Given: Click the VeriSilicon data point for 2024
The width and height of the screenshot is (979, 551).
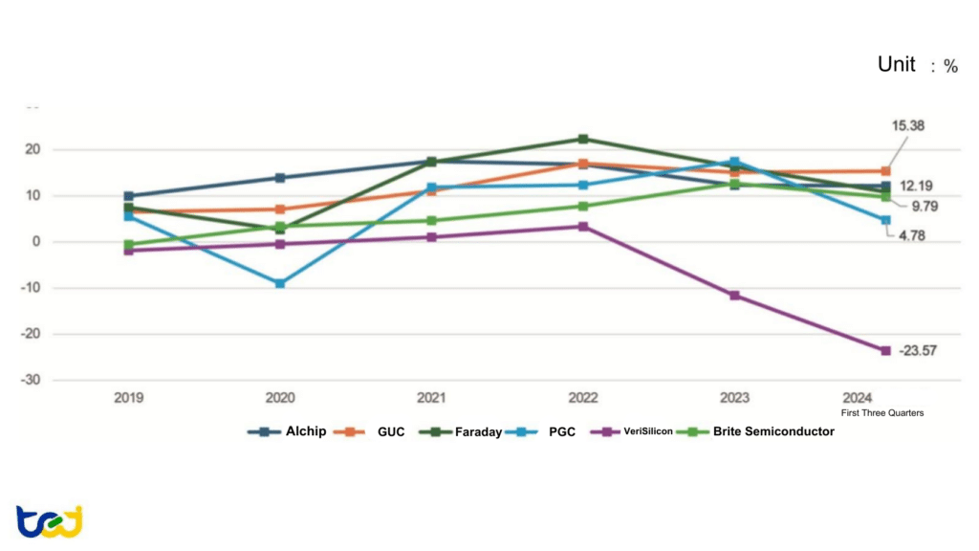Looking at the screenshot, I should pyautogui.click(x=885, y=350).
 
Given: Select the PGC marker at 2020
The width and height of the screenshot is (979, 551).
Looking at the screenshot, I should pyautogui.click(x=280, y=283).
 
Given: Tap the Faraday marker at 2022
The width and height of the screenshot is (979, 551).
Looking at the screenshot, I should pyautogui.click(x=583, y=140).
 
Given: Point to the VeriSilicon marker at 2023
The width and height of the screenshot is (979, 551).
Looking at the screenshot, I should pyautogui.click(x=734, y=296).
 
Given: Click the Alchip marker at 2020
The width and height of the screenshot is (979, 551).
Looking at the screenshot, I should pyautogui.click(x=280, y=178).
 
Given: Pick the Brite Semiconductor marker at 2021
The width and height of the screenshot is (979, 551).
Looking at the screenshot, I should pyautogui.click(x=432, y=221).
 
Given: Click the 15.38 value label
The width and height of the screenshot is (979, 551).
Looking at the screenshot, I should pyautogui.click(x=907, y=126).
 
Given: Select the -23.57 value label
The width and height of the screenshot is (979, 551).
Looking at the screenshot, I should pyautogui.click(x=917, y=351).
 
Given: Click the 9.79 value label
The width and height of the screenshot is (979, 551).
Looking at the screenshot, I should pyautogui.click(x=912, y=206).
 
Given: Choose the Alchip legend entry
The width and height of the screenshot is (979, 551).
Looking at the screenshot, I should pyautogui.click(x=287, y=431).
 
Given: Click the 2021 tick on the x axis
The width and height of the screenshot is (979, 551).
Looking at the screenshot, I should pyautogui.click(x=432, y=397).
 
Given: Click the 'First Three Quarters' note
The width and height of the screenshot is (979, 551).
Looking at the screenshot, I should pyautogui.click(x=882, y=412).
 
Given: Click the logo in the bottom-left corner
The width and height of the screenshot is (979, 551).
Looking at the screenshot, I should pyautogui.click(x=49, y=521).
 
